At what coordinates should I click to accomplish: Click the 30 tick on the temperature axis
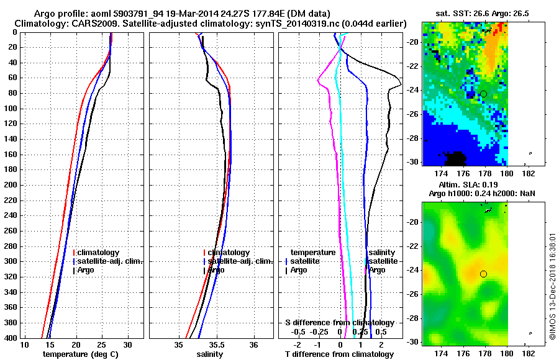[x=127, y=344]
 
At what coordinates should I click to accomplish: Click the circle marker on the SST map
[x=483, y=94]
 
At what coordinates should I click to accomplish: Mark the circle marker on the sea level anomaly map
[x=483, y=274]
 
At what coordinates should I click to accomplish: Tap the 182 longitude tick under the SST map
[x=529, y=174]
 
